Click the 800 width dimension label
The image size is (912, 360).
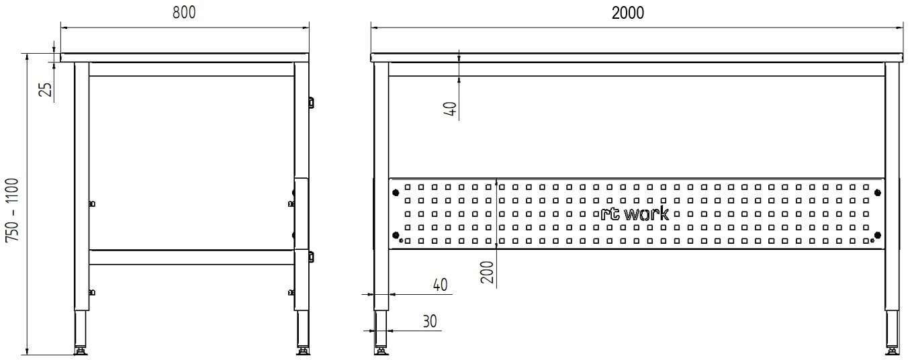pos(184,13)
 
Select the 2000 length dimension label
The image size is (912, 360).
pos(628,13)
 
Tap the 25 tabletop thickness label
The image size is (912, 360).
pos(46,89)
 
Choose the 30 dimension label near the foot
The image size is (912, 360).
pos(430,322)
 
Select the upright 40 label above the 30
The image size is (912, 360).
pos(439,285)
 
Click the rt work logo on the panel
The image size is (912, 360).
pos(635,214)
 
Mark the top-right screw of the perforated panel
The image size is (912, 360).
pos(878,193)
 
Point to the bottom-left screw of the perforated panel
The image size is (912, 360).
pos(396,234)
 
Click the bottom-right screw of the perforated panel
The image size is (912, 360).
pos(878,234)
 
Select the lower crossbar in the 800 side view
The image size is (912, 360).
pos(191,257)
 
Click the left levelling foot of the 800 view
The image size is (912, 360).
pos(81,350)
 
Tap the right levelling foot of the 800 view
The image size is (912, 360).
pos(302,350)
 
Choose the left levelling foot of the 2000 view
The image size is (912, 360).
pos(381,350)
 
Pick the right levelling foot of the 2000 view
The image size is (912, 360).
pos(893,350)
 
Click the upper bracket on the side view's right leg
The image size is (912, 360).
pos(311,102)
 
